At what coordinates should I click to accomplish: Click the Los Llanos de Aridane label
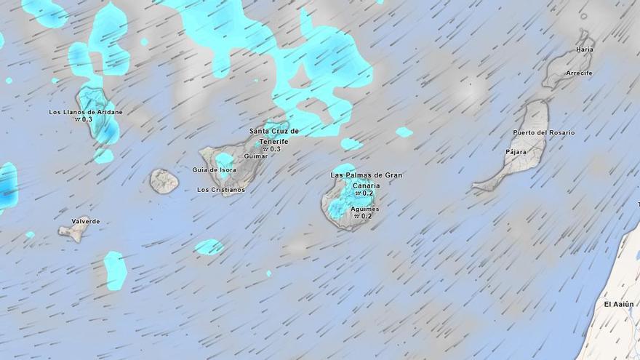86,112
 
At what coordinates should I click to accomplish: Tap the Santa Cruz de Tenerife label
274,135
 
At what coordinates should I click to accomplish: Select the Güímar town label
256,156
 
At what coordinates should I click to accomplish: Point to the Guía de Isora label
214,169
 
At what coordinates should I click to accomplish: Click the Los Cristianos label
221,190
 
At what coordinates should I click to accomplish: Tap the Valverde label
86,221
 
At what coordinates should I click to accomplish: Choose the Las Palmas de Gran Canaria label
367,180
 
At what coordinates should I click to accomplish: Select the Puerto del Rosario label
543,132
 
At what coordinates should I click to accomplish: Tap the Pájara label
516,151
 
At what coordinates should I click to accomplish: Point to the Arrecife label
580,73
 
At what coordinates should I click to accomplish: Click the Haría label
584,49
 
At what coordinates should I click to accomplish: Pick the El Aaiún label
618,303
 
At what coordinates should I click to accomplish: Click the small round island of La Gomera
164,181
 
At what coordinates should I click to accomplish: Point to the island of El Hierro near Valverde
73,232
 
